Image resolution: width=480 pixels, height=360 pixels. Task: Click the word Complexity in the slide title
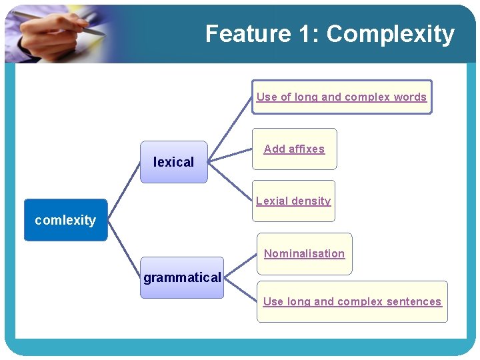coord(391,33)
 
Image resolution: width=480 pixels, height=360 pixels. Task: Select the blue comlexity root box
coord(65,220)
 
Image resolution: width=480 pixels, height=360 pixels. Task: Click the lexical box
coord(173,162)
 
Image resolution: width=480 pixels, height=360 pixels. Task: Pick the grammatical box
coord(181,277)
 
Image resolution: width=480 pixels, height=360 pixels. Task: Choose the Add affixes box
coord(294,149)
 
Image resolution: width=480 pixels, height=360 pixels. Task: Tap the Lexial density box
coord(293,201)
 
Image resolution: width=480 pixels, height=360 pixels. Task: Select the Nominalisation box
coord(304,253)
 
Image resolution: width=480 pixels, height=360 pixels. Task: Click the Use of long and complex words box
coord(341,97)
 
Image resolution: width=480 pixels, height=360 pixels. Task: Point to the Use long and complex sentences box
coord(352,302)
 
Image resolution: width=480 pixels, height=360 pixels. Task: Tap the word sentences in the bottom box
coord(414,302)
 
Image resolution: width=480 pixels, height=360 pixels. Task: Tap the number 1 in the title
coord(304,33)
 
